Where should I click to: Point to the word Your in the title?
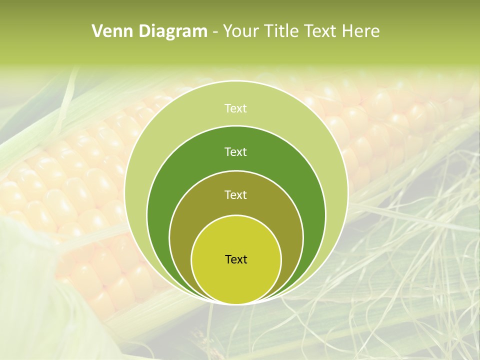[241, 31]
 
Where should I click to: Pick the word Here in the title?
[360, 31]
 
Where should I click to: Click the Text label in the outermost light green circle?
[236, 108]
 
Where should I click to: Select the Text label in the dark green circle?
[236, 151]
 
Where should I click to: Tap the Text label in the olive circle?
[236, 194]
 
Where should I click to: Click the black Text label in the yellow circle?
[236, 259]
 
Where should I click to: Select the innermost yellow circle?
[236, 275]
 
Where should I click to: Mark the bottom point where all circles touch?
[236, 303]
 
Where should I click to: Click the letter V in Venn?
[97, 31]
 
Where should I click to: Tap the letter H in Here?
[347, 31]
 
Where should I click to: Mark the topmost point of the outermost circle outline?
[236, 81]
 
